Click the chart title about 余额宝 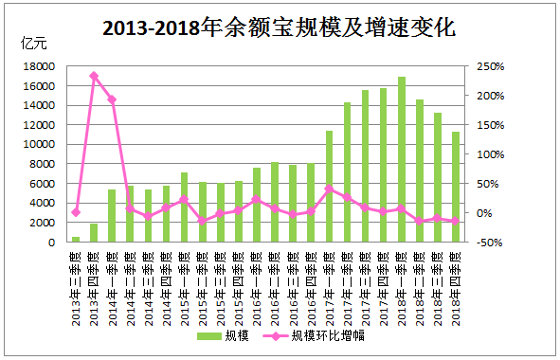280,28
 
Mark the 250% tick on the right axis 490,66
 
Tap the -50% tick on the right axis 490,243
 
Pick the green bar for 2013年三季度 76,239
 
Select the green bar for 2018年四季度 456,187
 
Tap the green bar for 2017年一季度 329,186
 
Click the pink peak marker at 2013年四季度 94,76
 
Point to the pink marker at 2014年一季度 112,99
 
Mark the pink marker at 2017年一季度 329,189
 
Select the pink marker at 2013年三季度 76,212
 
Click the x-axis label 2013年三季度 76,276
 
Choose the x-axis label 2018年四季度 456,276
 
